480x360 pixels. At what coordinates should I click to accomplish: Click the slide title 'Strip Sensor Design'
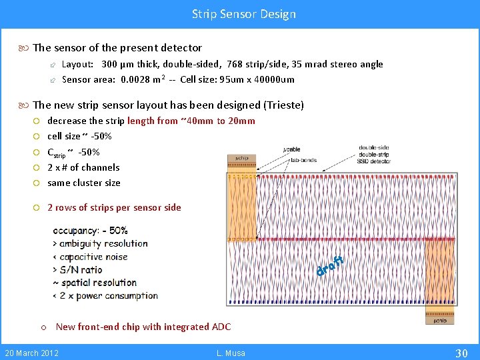pos(243,13)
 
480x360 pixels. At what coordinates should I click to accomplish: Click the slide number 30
pos(461,352)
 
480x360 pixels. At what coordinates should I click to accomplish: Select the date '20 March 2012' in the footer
pos(31,353)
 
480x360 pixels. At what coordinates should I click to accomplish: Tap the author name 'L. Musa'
pos(231,353)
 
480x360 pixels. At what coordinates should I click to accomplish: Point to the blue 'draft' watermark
pos(329,265)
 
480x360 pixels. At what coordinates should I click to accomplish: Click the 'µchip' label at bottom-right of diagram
pos(440,320)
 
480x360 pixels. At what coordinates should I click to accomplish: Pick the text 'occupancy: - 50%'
pos(90,231)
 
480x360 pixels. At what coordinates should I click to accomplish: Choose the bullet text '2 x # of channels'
pos(83,167)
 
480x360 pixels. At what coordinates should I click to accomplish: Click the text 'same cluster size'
pos(84,183)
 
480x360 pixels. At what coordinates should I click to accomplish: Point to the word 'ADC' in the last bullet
pos(220,327)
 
